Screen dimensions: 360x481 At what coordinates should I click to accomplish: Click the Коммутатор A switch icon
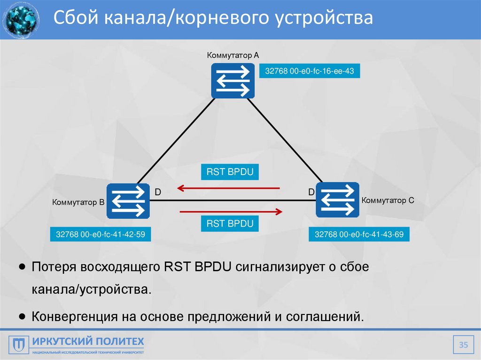pyautogui.click(x=233, y=81)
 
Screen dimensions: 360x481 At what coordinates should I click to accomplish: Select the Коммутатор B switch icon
pyautogui.click(x=128, y=201)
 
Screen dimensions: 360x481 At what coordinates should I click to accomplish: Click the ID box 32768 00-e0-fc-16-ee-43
pyautogui.click(x=310, y=71)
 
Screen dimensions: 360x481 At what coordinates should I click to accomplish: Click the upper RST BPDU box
pyautogui.click(x=230, y=172)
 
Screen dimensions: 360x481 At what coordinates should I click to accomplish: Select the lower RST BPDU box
pyautogui.click(x=230, y=223)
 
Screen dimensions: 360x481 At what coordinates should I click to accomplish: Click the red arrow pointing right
pyautogui.click(x=231, y=212)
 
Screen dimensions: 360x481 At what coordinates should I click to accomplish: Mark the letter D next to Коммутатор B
pyautogui.click(x=158, y=192)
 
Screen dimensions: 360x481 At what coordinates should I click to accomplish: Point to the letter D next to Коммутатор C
pyautogui.click(x=311, y=192)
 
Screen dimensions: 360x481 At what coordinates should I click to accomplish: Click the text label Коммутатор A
pyautogui.click(x=233, y=55)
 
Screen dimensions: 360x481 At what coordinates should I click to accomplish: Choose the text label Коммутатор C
pyautogui.click(x=388, y=200)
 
